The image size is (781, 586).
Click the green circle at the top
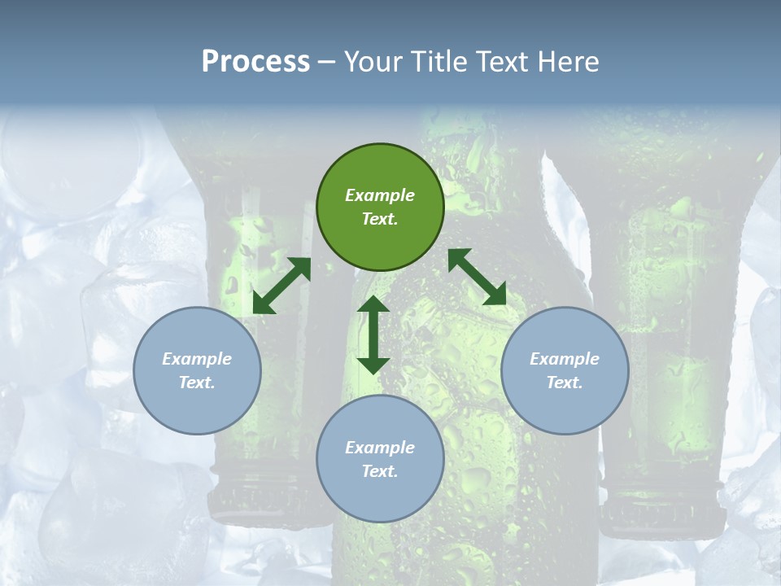(380, 208)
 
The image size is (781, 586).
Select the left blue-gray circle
(197, 370)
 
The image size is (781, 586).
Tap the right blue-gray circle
(565, 370)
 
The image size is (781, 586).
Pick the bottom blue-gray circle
(380, 458)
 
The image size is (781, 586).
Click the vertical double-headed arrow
(373, 335)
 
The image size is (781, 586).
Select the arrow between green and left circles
(281, 286)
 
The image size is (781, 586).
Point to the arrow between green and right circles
(477, 277)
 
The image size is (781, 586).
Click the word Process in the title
(255, 62)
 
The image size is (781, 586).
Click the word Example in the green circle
(380, 195)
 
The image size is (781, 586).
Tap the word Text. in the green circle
(380, 219)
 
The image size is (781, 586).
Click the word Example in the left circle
(197, 359)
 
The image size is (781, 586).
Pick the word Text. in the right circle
(565, 383)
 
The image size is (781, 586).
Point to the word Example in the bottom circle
(380, 448)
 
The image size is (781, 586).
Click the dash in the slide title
(326, 62)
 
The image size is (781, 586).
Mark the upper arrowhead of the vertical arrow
(373, 305)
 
